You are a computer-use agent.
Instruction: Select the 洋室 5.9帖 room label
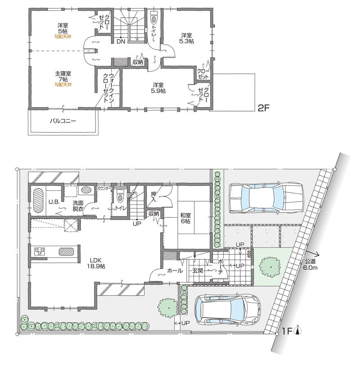[x=158, y=87]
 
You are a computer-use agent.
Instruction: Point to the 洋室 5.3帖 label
[x=187, y=38]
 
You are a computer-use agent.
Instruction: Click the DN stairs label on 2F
[x=121, y=42]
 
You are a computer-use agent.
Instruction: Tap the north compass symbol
[x=297, y=332]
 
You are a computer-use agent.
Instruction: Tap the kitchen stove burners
[x=38, y=252]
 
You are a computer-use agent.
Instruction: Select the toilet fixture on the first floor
[x=120, y=196]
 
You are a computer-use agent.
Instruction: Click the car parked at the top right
[x=265, y=198]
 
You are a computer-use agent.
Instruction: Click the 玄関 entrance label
[x=198, y=270]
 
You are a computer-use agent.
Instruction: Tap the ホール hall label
[x=175, y=270]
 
